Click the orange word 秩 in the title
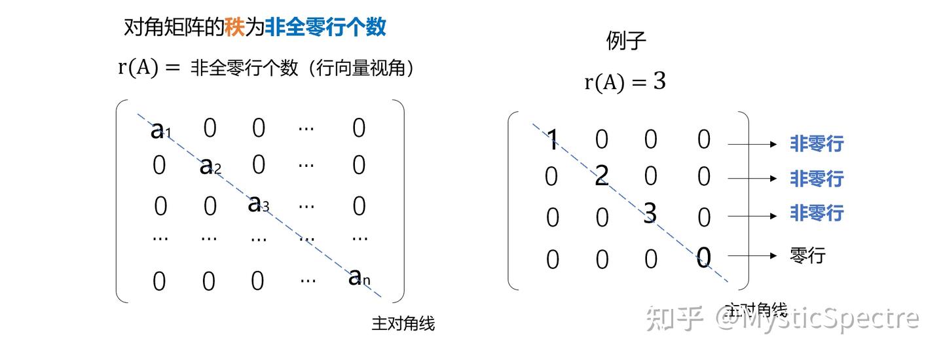(234, 27)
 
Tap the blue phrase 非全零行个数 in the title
(325, 27)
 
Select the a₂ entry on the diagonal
(210, 167)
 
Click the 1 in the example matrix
(553, 139)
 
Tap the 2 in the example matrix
(602, 175)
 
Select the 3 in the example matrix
(650, 213)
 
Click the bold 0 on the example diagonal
(703, 258)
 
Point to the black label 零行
(807, 255)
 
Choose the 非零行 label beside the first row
(816, 143)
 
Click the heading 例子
(626, 41)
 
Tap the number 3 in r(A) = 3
(659, 82)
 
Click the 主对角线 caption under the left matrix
(403, 323)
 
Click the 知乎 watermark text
(675, 319)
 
